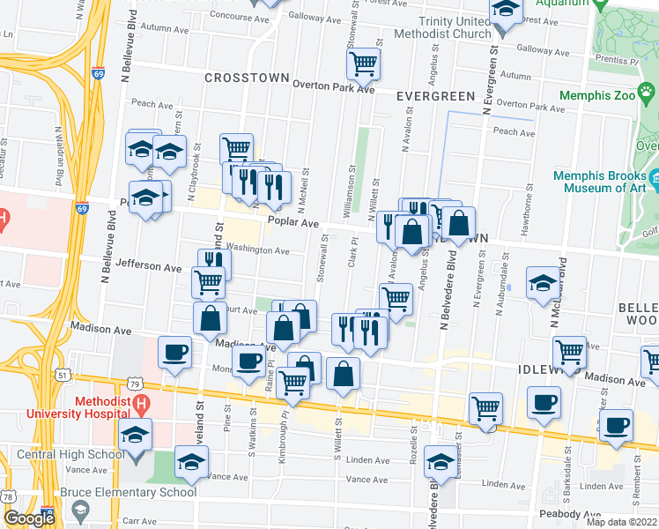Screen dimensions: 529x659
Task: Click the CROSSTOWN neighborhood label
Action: [x=247, y=78]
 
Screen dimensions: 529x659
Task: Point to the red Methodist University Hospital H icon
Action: [x=139, y=405]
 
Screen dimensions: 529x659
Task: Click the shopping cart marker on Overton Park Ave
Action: [x=363, y=63]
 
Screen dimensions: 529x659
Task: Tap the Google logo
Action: [x=29, y=518]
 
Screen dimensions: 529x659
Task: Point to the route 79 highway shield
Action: [x=133, y=384]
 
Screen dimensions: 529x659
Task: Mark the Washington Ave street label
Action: [x=258, y=250]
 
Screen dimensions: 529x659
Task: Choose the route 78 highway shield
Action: [x=7, y=498]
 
